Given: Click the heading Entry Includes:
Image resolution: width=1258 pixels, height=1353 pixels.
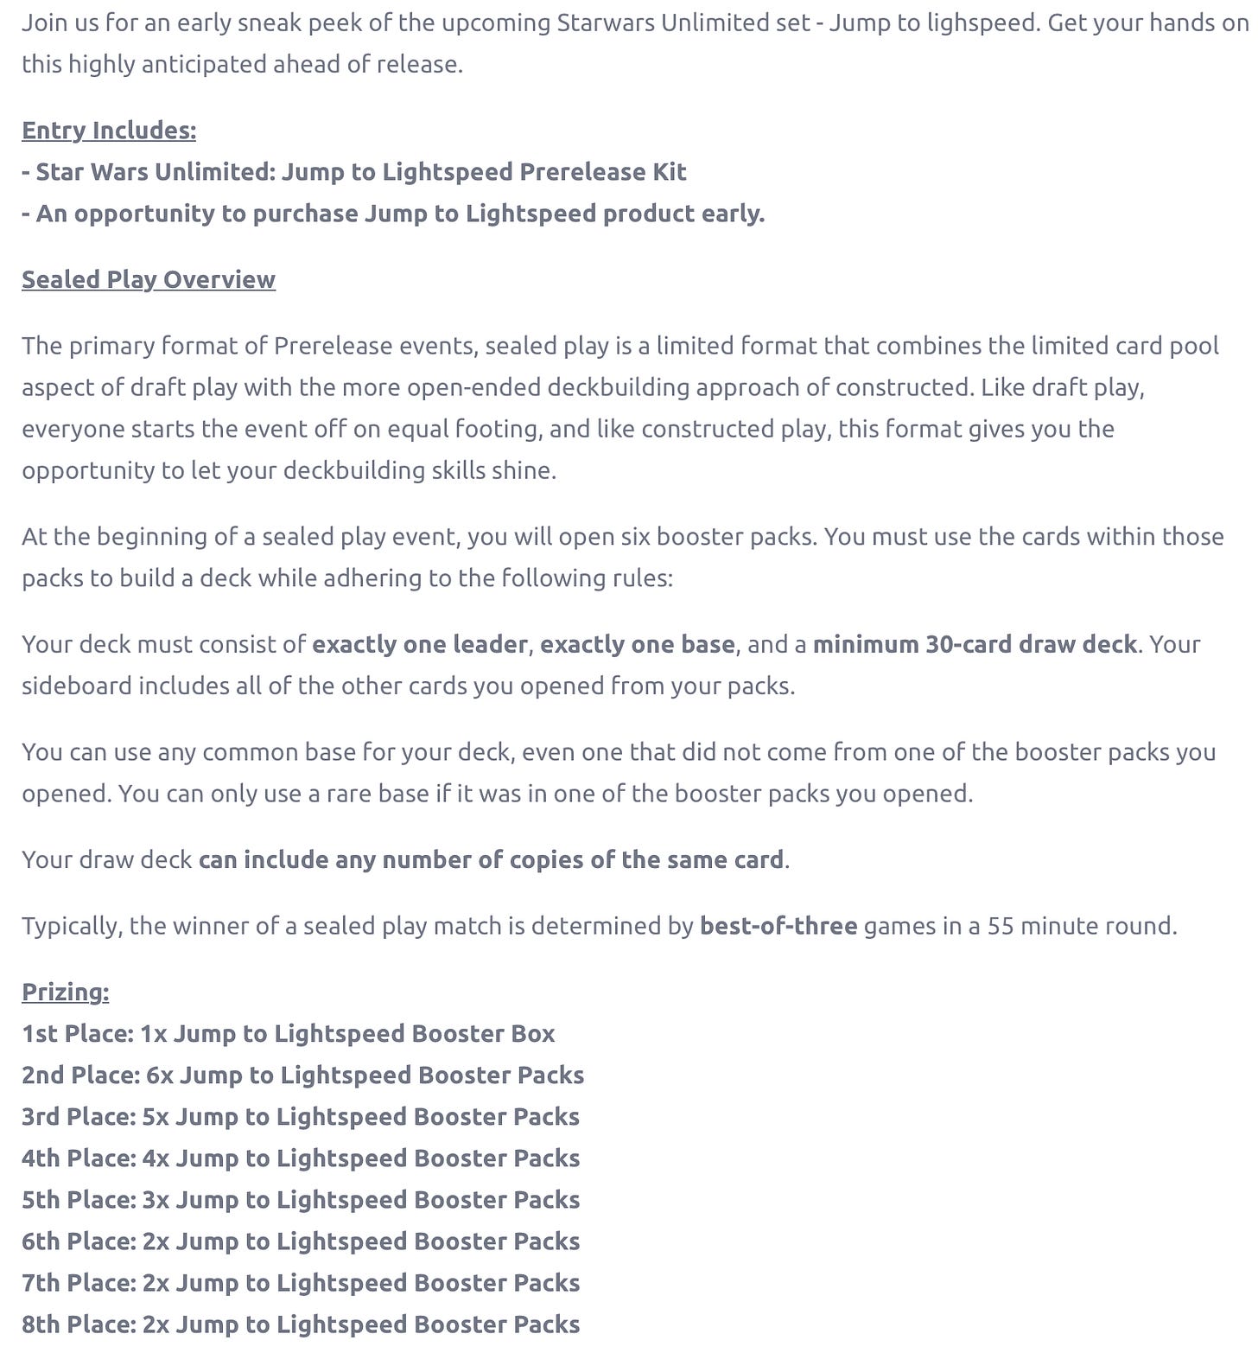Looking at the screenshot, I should pos(109,131).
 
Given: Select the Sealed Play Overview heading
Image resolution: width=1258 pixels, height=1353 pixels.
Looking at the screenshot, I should pos(149,280).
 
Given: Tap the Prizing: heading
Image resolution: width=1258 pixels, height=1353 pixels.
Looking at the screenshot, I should pos(66,992).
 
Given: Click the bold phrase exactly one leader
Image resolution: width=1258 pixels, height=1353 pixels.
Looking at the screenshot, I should pos(419,645).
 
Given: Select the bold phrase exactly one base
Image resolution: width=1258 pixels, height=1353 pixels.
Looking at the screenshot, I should pos(637,645).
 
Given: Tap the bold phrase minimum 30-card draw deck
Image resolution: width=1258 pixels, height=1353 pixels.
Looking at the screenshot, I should pos(974,645).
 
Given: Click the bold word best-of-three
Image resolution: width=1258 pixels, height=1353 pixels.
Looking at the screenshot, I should pos(778,927).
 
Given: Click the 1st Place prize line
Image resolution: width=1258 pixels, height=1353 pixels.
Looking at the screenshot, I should pos(288,1034).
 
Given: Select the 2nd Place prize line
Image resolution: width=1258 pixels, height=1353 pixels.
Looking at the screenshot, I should pos(302,1075).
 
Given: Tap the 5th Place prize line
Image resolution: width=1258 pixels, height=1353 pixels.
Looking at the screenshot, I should pos(301,1200).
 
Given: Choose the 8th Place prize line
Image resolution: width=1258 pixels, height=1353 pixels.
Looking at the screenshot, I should pos(301,1324).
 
